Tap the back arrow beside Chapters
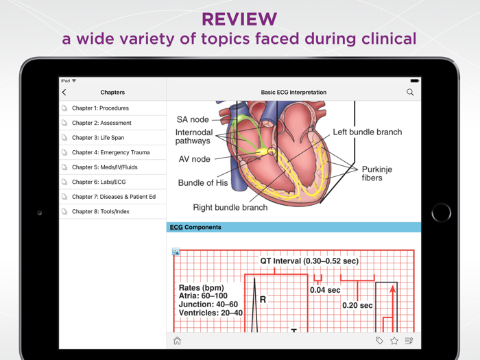coord(64,93)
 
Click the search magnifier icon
coord(410,92)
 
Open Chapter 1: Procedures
coord(100,108)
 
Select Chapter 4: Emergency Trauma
coord(110,152)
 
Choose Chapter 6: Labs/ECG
coord(99,182)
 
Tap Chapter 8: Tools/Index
coord(101,211)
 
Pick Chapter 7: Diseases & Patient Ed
coord(114,197)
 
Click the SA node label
coord(193,120)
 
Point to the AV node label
coord(194,159)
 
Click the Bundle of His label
coord(203,183)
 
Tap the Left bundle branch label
coord(368,132)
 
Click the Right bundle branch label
coord(230,207)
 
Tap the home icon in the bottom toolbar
coord(177,341)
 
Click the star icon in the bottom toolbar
coord(394,341)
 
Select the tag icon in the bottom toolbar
coord(379,341)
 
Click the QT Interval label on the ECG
coord(309,261)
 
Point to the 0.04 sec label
coord(325,290)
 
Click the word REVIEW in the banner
coord(239,19)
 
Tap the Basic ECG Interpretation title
coord(293,92)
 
